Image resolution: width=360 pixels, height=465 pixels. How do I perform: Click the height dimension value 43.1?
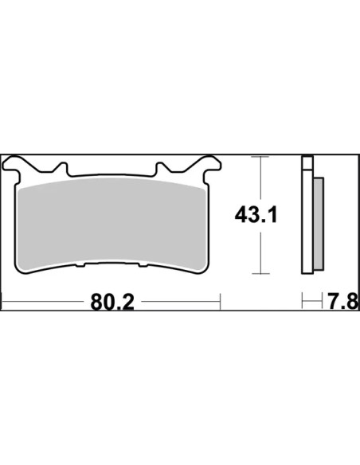pos(256,215)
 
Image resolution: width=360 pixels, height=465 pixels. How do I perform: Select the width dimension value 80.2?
pos(112,302)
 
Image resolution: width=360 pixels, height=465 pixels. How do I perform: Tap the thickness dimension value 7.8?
pos(342,301)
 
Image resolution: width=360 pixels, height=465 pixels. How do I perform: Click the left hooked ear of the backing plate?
pos(14,165)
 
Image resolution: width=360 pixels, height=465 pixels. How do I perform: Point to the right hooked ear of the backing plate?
pos(209,164)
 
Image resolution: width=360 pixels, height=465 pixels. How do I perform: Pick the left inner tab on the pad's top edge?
pos(63,168)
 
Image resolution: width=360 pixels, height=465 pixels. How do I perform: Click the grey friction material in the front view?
pos(112,225)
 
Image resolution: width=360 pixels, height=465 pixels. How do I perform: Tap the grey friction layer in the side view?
pos(319,224)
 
